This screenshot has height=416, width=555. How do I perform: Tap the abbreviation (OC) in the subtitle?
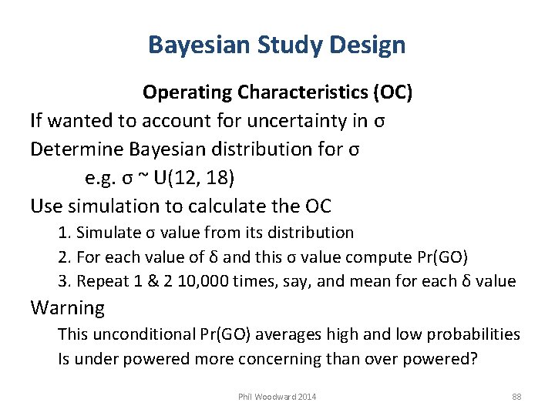[x=392, y=93]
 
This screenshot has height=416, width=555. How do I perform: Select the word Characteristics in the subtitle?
[x=302, y=93]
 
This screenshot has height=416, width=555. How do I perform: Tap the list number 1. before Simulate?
[x=64, y=233]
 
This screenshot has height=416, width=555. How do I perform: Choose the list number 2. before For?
[x=64, y=257]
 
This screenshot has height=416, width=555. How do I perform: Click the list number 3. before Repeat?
[x=64, y=280]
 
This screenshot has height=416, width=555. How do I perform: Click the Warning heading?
[x=67, y=308]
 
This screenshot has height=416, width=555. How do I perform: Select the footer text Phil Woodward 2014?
[x=277, y=397]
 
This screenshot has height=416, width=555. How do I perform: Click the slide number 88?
[x=516, y=397]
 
